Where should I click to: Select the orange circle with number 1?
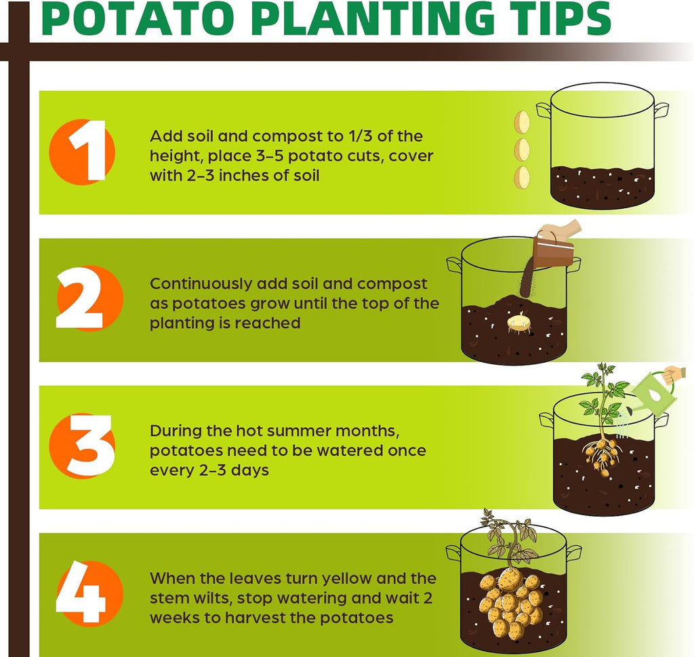pyautogui.click(x=82, y=152)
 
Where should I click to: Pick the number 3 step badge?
pyautogui.click(x=82, y=445)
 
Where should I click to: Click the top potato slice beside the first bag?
pyautogui.click(x=522, y=122)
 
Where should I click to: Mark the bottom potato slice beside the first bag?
pyautogui.click(x=522, y=178)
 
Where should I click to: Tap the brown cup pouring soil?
pyautogui.click(x=553, y=251)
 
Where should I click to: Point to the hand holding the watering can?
pyautogui.click(x=674, y=375)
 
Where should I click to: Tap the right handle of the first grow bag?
pyautogui.click(x=661, y=111)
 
